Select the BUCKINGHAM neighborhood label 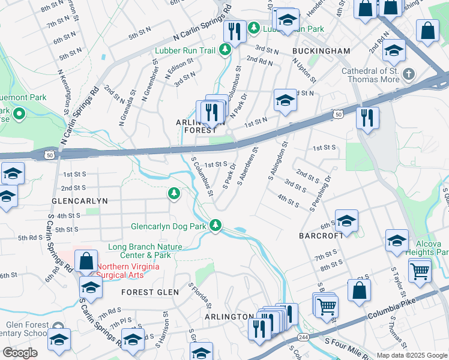tap(321, 51)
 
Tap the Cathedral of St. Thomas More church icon tap(409, 74)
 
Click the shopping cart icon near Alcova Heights tap(420, 271)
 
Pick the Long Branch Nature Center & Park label tap(145, 251)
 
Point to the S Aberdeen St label tap(247, 166)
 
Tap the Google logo tap(20, 352)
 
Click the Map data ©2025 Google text tap(411, 355)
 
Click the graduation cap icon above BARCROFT tap(346, 221)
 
